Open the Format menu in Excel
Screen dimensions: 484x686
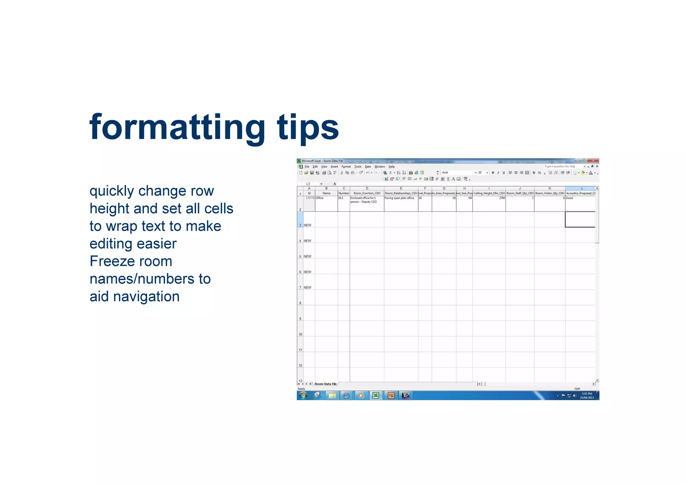[x=346, y=167]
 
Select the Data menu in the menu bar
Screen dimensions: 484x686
[x=367, y=167]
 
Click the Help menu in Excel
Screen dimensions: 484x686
[x=391, y=167]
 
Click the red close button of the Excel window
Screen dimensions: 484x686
[x=593, y=161]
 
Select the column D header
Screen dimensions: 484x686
[x=367, y=188]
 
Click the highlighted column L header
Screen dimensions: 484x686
[x=582, y=188]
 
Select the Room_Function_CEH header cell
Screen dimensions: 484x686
[x=367, y=193]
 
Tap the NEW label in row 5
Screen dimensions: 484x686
[x=307, y=257]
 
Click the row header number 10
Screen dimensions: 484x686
[x=300, y=334]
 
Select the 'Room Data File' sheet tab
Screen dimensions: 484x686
[x=325, y=384]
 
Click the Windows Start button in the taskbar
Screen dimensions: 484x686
[x=303, y=396]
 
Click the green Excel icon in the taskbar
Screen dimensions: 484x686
[x=375, y=396]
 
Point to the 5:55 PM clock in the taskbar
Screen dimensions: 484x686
[x=587, y=394]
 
